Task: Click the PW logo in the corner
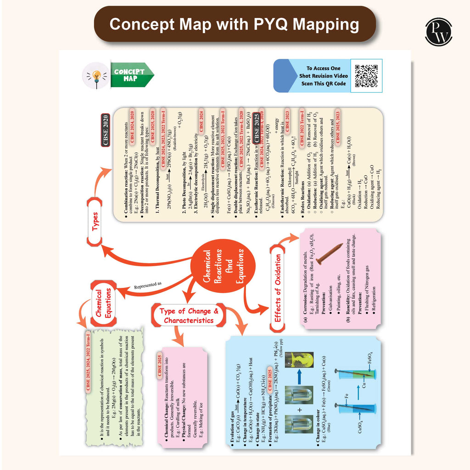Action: point(438,32)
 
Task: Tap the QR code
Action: point(366,76)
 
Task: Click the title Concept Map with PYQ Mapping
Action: point(235,24)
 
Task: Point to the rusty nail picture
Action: point(329,254)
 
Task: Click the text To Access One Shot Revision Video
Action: point(327,76)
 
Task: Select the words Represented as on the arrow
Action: point(148,285)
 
